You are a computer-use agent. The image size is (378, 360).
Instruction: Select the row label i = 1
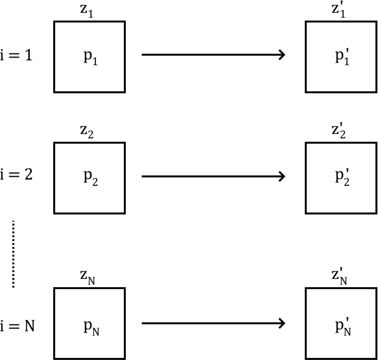(16, 55)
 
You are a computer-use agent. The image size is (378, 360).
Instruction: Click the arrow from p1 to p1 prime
(213, 55)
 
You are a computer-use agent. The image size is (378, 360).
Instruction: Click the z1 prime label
(338, 11)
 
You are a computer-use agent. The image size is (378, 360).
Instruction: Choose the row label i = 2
(16, 175)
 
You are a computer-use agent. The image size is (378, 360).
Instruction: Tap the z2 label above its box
(87, 132)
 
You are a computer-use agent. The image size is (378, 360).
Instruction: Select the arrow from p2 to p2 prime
(213, 176)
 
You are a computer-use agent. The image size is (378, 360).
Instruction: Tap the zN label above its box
(88, 277)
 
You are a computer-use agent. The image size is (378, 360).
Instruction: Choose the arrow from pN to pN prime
(213, 323)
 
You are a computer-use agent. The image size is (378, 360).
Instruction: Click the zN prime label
(339, 277)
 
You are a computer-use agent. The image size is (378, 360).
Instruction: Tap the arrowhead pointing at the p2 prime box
(282, 176)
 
